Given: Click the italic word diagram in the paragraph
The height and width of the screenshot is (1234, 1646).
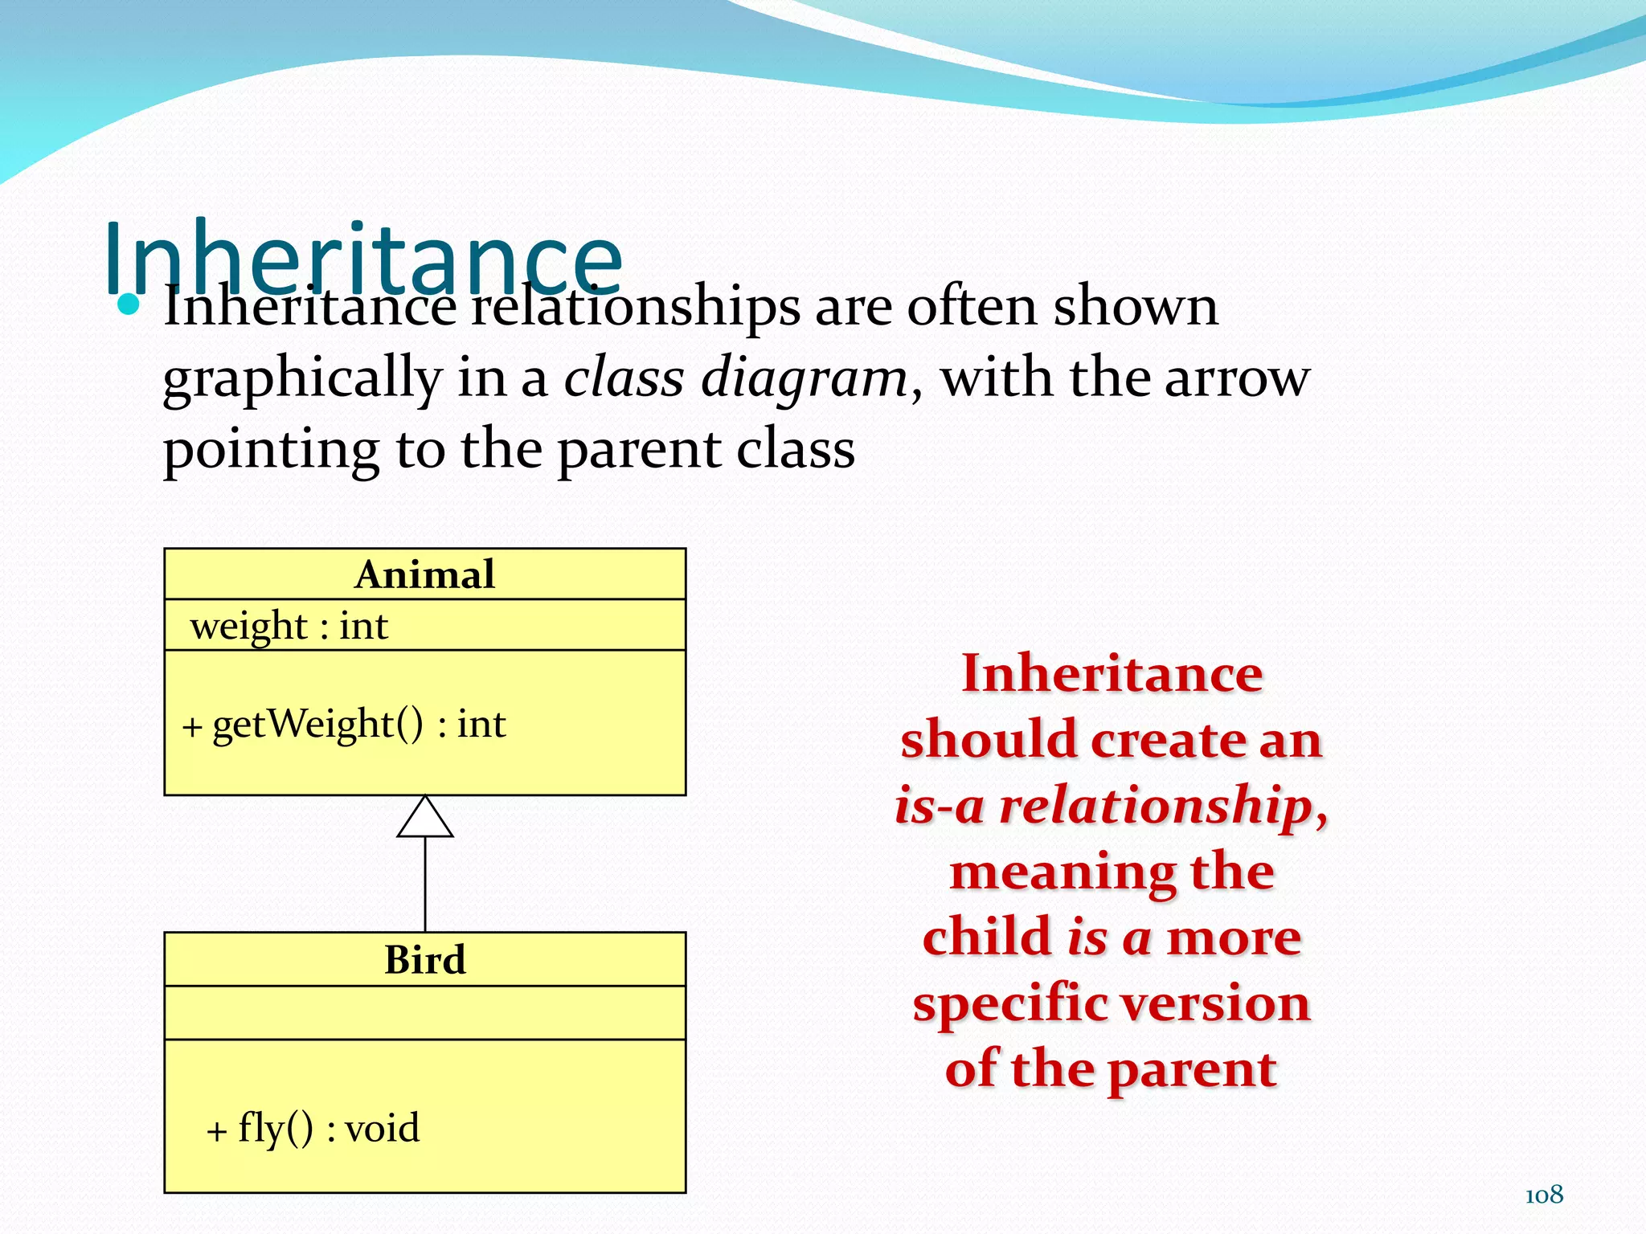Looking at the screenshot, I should pyautogui.click(x=804, y=378).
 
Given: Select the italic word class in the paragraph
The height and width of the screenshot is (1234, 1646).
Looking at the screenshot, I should pyautogui.click(x=624, y=378).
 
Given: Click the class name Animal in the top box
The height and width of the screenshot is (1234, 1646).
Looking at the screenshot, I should pyautogui.click(x=424, y=574).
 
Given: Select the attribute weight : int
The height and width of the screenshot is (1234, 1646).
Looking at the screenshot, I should pyautogui.click(x=289, y=626).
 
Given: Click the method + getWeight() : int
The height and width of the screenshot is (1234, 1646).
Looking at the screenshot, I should pyautogui.click(x=344, y=724).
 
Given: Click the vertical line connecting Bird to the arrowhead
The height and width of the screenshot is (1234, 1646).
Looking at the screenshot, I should pyautogui.click(x=424, y=884).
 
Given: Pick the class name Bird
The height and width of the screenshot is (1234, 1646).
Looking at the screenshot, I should pyautogui.click(x=424, y=959).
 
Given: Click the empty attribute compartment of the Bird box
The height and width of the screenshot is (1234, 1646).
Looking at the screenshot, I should pyautogui.click(x=424, y=1012).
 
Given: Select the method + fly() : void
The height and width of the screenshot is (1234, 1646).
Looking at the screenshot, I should pyautogui.click(x=313, y=1128).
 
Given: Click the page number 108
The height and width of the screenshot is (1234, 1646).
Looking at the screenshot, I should pyautogui.click(x=1543, y=1195).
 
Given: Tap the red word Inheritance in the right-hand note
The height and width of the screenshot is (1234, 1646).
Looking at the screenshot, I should pyautogui.click(x=1112, y=673).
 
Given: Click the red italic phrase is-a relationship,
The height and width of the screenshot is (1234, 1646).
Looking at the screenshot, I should pyautogui.click(x=1112, y=805).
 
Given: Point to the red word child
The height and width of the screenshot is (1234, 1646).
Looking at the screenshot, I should pyautogui.click(x=987, y=937).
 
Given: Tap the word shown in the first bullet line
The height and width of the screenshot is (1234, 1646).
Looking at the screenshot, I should pyautogui.click(x=1135, y=306).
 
